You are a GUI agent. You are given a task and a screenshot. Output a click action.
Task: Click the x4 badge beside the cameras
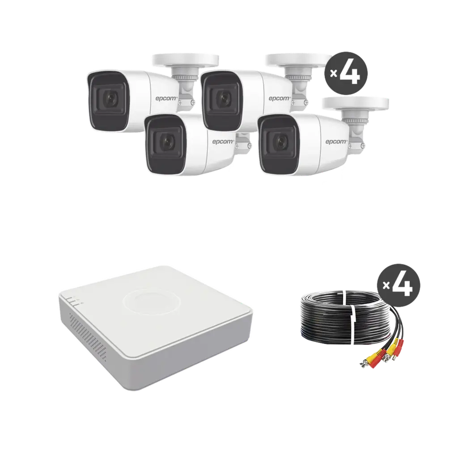click(345, 73)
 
